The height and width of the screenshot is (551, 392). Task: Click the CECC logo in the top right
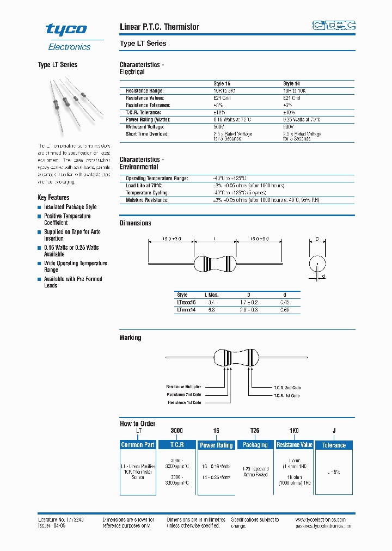coord(334,25)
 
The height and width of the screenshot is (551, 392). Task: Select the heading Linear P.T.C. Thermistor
coord(159,27)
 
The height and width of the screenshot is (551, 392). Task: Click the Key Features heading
coord(53,197)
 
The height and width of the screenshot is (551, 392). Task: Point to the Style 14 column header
coord(292,84)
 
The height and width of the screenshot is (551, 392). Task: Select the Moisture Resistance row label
coord(147,200)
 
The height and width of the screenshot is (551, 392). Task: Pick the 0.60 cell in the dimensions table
coord(285,309)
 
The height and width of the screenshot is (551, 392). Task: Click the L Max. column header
coord(211,295)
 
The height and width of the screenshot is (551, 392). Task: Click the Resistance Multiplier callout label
coord(183,387)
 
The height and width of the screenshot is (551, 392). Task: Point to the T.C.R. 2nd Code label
coord(286,388)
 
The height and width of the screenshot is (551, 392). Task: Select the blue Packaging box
coord(255,445)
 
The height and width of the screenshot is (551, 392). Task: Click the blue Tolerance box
coord(334,445)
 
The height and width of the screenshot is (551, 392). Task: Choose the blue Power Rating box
coord(216,445)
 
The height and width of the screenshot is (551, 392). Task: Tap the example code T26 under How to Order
coord(255,430)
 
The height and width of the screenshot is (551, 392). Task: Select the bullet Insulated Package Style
coord(70,207)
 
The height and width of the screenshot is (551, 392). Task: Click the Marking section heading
coord(130,338)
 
